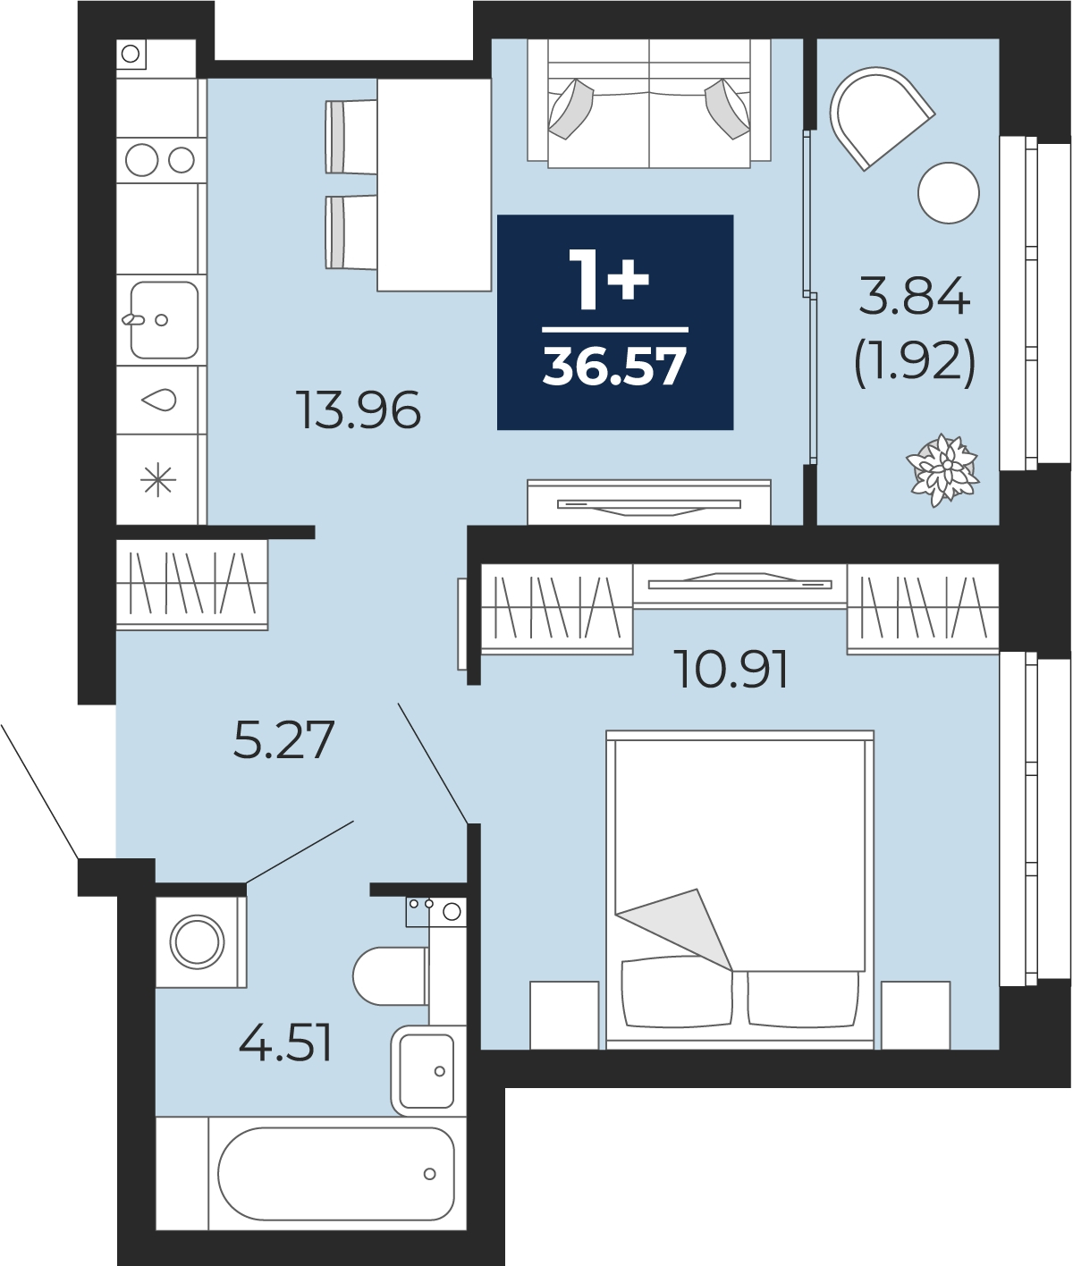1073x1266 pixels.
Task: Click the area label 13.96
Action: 359,409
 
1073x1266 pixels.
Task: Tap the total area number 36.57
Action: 614,367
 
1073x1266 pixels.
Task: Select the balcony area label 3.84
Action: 915,296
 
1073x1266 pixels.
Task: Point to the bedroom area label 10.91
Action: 731,670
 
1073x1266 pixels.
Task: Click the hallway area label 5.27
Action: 283,739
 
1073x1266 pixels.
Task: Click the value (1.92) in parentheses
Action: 915,363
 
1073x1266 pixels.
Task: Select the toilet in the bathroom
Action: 390,975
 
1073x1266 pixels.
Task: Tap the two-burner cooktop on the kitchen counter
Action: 160,160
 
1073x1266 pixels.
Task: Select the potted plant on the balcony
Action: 942,470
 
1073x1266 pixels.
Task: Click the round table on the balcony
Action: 948,192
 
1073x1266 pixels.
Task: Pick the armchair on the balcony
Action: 880,115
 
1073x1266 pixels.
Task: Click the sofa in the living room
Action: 648,103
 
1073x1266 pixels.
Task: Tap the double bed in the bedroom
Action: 739,890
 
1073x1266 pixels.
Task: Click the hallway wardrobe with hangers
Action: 192,585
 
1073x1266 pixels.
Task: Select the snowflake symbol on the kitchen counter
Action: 158,479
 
